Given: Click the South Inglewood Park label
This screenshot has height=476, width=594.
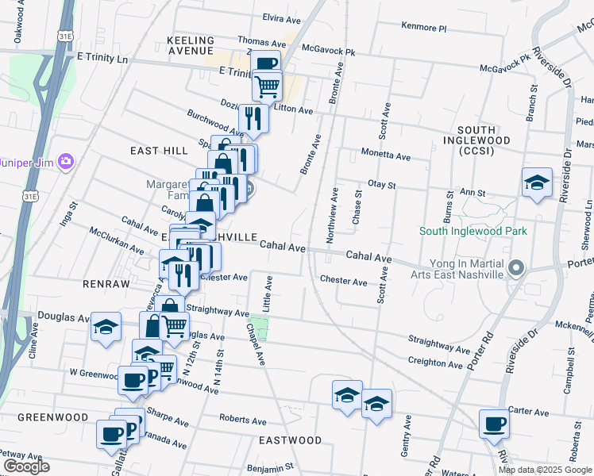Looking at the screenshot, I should click(x=473, y=231).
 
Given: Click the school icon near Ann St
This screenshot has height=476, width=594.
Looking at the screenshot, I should click(x=537, y=182).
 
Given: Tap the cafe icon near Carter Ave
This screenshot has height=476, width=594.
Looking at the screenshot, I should click(x=495, y=424).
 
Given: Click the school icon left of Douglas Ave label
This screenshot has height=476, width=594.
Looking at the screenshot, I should click(x=105, y=326).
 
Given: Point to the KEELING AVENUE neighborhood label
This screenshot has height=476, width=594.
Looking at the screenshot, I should click(x=191, y=46).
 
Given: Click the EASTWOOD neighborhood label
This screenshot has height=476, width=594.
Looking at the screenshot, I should click(x=290, y=440).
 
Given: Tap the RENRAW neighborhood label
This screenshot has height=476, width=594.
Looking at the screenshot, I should click(x=99, y=282).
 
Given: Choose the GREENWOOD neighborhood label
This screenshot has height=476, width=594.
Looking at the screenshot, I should click(x=52, y=417).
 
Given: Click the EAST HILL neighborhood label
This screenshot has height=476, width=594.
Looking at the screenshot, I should click(x=140, y=149).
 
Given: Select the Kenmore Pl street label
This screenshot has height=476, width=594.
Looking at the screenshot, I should click(x=424, y=28).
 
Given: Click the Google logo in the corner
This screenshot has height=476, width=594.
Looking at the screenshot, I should click(x=26, y=466).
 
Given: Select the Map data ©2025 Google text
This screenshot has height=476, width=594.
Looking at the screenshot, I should click(x=546, y=470).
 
